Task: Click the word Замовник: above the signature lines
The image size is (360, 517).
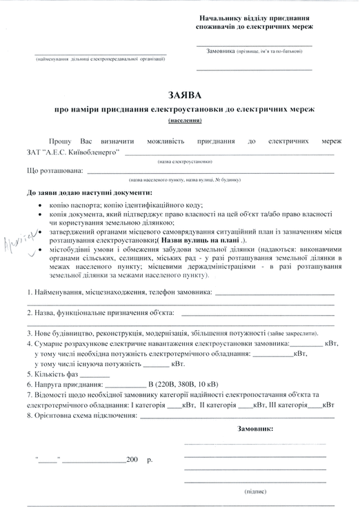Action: pos(255,429)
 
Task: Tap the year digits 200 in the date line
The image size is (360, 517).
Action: pos(132,458)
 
